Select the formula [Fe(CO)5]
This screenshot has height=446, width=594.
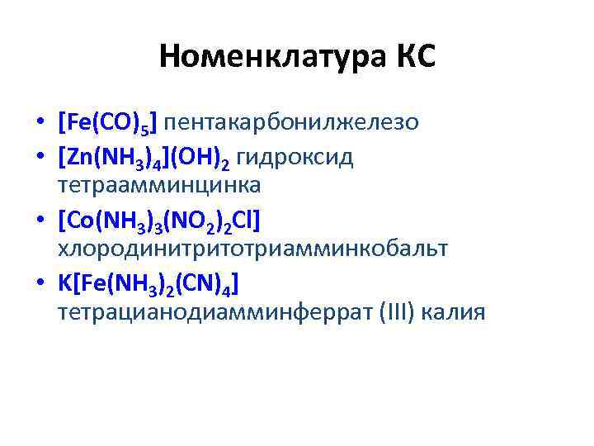108,123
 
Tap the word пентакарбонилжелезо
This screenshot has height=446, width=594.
292,123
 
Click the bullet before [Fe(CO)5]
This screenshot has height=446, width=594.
39,124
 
